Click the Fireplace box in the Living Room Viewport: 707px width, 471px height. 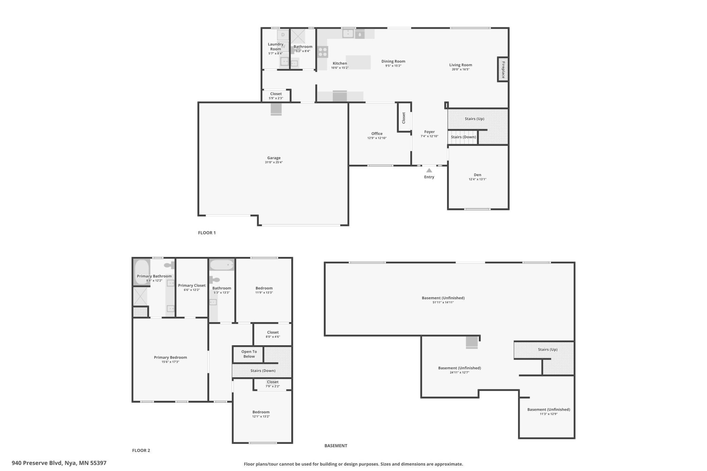503,69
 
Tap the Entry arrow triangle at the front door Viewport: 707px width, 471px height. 429,170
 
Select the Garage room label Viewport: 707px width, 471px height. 274,158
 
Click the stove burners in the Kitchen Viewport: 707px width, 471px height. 323,52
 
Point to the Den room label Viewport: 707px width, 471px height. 478,175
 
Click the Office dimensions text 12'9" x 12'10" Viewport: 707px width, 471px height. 377,138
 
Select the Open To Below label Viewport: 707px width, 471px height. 249,354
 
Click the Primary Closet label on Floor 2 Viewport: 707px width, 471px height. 192,285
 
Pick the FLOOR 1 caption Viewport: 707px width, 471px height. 207,233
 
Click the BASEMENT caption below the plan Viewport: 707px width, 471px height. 336,446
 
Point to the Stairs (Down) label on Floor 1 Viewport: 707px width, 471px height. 463,137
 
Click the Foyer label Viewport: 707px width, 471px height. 429,132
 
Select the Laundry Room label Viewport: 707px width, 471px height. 276,47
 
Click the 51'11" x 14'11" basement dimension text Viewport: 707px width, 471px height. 443,302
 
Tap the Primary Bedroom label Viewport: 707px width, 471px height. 170,357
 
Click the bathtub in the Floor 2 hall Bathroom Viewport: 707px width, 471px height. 222,265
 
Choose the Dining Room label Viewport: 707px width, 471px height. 393,62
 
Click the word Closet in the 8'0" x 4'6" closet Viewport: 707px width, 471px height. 273,332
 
